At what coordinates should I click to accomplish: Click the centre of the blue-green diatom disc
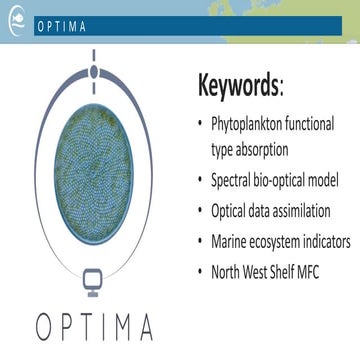(x=92, y=177)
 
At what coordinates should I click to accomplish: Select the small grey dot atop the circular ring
(x=92, y=72)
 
